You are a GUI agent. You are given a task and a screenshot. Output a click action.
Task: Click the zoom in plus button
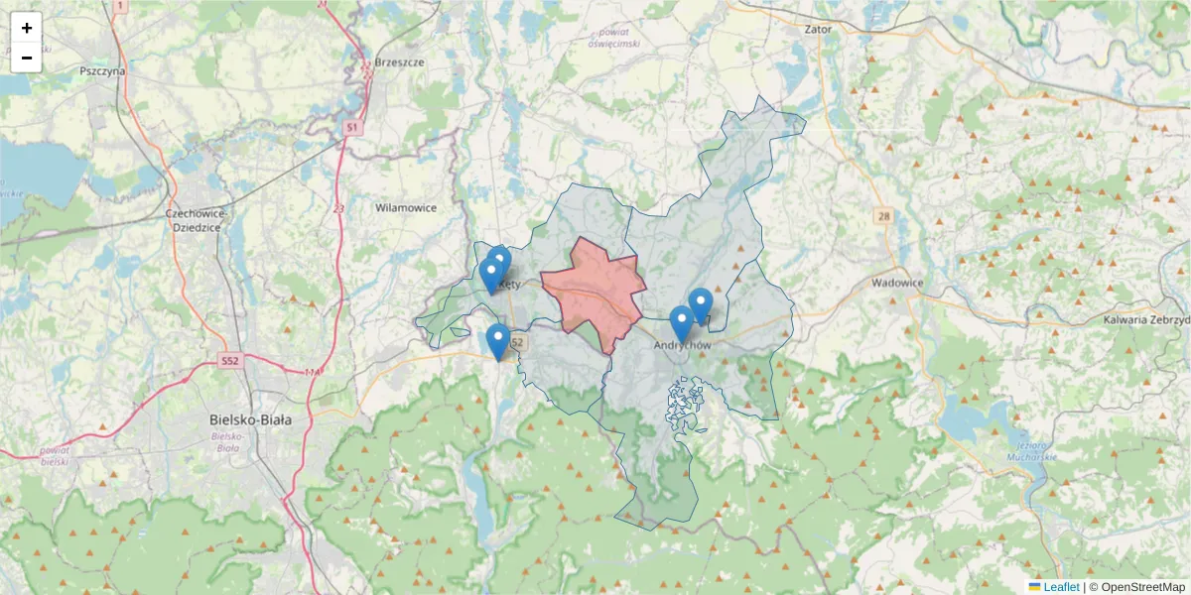(x=27, y=28)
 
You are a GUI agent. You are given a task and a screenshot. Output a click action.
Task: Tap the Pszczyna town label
(x=103, y=71)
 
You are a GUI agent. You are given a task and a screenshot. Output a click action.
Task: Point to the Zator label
(x=818, y=30)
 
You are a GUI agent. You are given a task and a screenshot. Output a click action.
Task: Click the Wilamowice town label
(x=406, y=208)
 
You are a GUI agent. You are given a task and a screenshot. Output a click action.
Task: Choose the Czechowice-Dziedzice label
(x=198, y=220)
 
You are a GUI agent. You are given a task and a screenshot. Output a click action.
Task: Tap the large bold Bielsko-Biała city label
(x=251, y=419)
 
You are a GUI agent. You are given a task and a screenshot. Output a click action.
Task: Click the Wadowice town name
(x=897, y=283)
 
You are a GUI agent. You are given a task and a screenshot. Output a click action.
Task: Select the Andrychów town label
(x=684, y=345)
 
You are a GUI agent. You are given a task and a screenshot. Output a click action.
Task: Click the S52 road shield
(x=231, y=362)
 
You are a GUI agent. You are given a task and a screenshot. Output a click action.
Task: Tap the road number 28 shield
(x=883, y=216)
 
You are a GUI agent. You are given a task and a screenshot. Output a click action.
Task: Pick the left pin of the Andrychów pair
(x=681, y=324)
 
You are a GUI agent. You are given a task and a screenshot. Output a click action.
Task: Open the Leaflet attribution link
(x=1060, y=587)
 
